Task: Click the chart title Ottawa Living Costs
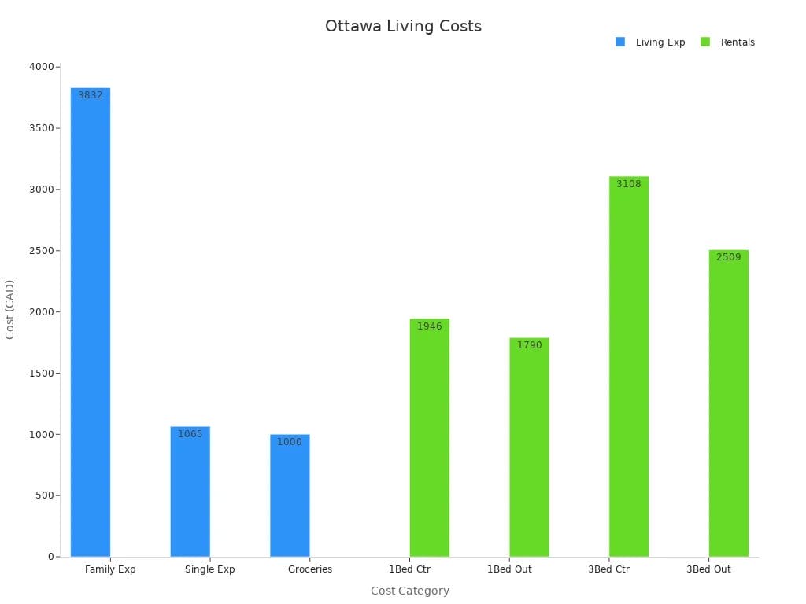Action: [x=403, y=26]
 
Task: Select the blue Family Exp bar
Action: [x=91, y=322]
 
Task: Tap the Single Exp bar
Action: [x=190, y=492]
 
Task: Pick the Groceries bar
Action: [x=290, y=495]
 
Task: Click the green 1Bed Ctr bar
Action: [x=430, y=437]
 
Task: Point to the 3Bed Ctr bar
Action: [x=629, y=366]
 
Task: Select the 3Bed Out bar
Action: [x=728, y=403]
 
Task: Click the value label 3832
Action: [x=91, y=95]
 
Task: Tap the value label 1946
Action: [x=430, y=326]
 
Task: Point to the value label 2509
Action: [x=728, y=257]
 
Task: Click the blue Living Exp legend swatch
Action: [x=620, y=42]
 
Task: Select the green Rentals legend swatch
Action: [x=705, y=42]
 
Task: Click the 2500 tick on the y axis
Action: [x=40, y=251]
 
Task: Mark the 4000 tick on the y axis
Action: [x=40, y=67]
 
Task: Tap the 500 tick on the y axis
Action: [x=43, y=495]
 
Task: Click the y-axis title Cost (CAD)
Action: [x=10, y=309]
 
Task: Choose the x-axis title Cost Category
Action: [x=410, y=591]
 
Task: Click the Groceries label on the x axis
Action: [x=310, y=569]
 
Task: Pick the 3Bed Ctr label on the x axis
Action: [x=609, y=569]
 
